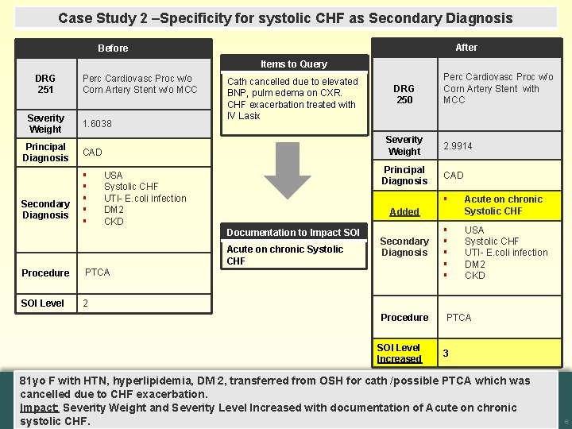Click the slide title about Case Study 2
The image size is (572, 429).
click(x=285, y=17)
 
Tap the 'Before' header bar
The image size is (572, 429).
click(x=113, y=48)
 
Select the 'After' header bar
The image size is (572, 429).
click(x=466, y=47)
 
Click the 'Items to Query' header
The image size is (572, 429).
click(x=293, y=64)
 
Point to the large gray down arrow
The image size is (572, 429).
click(x=287, y=172)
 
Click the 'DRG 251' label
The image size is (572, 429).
click(x=45, y=84)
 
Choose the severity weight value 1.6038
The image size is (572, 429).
click(x=98, y=124)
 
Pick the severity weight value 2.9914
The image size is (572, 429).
click(x=458, y=146)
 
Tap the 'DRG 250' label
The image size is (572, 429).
click(x=404, y=95)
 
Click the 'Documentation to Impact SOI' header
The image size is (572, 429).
click(x=293, y=233)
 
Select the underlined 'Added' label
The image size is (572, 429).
click(x=404, y=212)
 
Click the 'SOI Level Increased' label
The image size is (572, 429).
click(x=399, y=354)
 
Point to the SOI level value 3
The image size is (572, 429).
click(x=446, y=354)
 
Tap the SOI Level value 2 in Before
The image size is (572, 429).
click(x=86, y=303)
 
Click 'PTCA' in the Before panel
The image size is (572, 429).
click(x=99, y=272)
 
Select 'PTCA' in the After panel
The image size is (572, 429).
click(x=458, y=318)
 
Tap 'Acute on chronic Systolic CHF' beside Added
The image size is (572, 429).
click(x=503, y=205)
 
